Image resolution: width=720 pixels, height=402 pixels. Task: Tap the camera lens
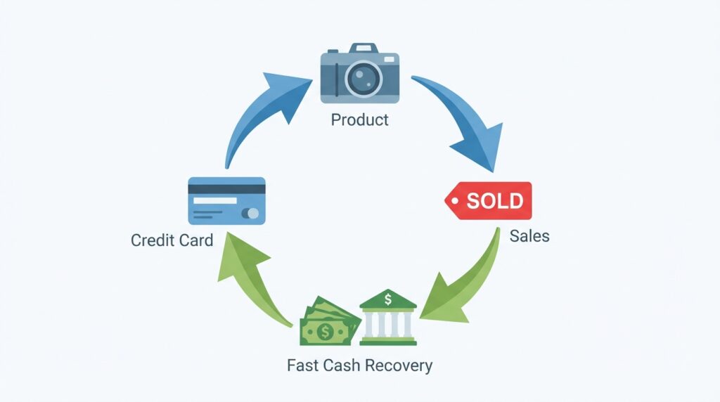click(360, 77)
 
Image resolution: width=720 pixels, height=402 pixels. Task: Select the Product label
click(359, 120)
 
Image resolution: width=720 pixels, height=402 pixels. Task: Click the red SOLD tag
click(489, 200)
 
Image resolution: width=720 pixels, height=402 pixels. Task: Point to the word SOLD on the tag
click(495, 201)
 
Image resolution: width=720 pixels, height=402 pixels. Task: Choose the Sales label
click(529, 235)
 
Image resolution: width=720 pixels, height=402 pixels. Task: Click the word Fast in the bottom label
click(302, 365)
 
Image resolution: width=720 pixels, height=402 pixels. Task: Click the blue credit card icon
click(226, 201)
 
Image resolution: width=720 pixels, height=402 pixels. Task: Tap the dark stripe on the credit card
click(226, 188)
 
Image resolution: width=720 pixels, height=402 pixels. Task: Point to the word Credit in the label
click(150, 240)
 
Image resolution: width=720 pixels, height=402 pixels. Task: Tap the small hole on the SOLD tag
click(454, 201)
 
